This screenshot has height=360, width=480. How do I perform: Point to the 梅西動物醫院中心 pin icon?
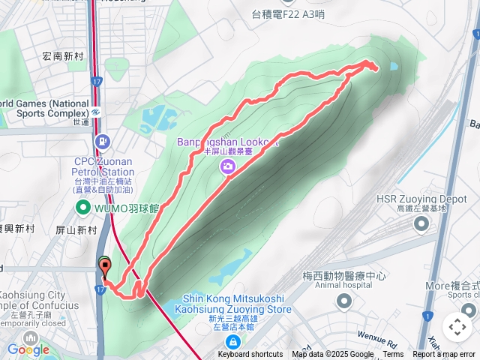pyautogui.click(x=344, y=301)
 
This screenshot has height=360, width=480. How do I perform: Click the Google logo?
pyautogui.click(x=28, y=349)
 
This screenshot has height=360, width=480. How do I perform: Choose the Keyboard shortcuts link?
pyautogui.click(x=250, y=355)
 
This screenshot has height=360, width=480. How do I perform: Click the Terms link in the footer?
pyautogui.click(x=393, y=355)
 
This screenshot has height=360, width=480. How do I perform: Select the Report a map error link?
pyautogui.click(x=444, y=355)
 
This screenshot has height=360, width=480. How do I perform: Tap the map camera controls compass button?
pyautogui.click(x=457, y=326)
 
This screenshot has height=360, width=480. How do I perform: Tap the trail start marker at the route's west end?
pyautogui.click(x=103, y=264)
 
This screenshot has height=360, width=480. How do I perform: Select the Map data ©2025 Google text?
pyautogui.click(x=333, y=355)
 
